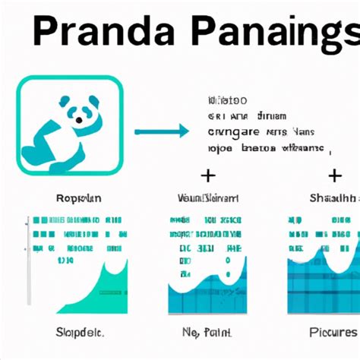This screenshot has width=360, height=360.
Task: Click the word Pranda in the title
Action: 98,34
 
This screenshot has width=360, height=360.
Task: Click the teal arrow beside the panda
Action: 161,132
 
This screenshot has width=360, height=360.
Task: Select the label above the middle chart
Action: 206,199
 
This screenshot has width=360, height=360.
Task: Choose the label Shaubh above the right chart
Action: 332,199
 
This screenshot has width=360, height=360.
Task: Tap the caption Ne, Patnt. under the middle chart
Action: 205,332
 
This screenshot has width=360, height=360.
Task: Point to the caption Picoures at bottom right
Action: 332,332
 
